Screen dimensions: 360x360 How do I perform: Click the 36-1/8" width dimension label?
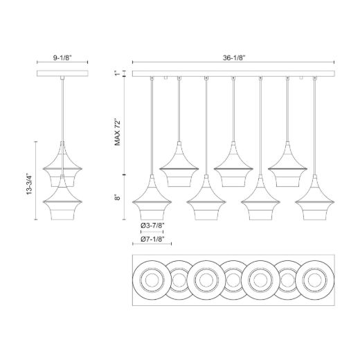click(x=233, y=58)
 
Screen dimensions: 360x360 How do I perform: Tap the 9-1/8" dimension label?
click(x=62, y=58)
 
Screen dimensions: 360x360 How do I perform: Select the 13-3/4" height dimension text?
click(x=29, y=183)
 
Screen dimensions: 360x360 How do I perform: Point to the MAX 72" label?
click(x=118, y=132)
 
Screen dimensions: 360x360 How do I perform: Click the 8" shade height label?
click(x=118, y=197)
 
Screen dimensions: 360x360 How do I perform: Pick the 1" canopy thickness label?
click(x=118, y=73)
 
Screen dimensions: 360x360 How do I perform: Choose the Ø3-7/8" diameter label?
click(x=152, y=225)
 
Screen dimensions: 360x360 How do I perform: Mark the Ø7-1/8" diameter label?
click(x=152, y=240)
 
